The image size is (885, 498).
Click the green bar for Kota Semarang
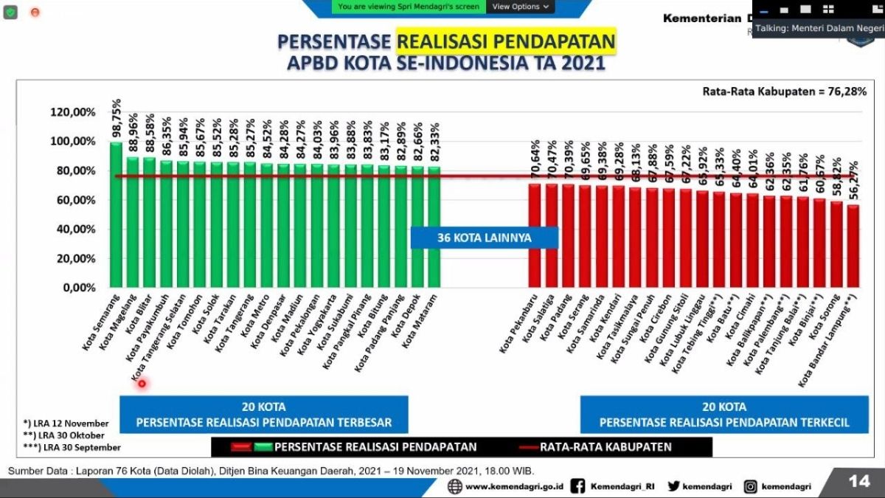116,214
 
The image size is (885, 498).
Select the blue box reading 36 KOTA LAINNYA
484,238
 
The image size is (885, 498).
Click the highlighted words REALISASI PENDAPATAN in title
506,41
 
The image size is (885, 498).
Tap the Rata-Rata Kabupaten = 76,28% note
784,91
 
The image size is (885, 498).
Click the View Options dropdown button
521,7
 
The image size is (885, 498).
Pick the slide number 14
858,481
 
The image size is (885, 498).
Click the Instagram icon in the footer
751,486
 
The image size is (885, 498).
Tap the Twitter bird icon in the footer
673,486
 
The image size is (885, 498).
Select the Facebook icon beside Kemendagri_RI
578,486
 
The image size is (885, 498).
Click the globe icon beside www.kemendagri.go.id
455,486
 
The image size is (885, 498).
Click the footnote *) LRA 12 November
66,423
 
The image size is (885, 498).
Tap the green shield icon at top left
10,12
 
